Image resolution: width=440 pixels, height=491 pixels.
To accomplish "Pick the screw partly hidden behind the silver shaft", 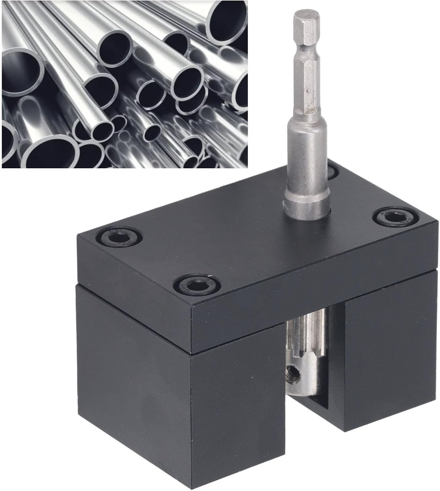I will click(x=332, y=171).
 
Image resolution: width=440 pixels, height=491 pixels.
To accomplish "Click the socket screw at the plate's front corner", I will click(x=197, y=283).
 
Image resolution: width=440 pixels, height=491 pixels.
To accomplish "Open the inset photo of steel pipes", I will click(x=124, y=84).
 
